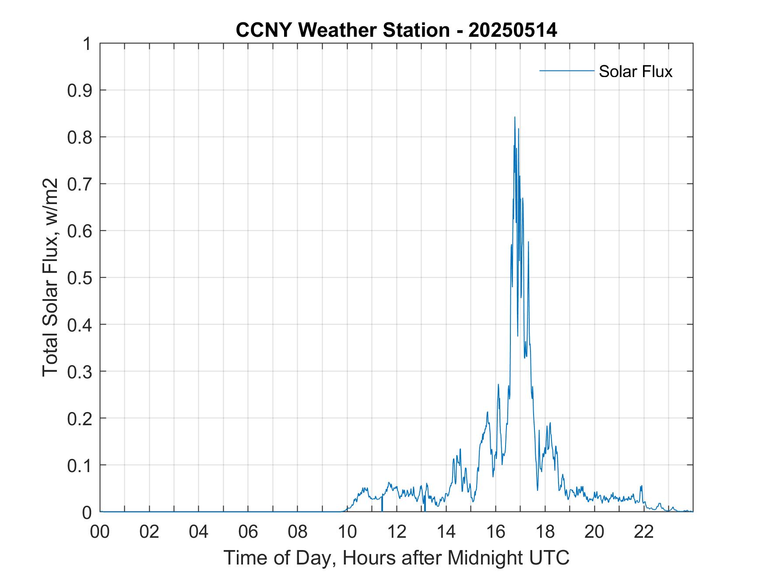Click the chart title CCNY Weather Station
click(x=342, y=30)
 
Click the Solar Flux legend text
click(x=635, y=71)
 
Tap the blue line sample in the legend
click(x=566, y=71)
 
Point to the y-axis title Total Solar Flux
click(x=50, y=277)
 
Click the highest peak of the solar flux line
click(x=515, y=117)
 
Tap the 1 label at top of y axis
click(x=87, y=44)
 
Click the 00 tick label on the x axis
click(x=100, y=532)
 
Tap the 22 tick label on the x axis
click(x=644, y=532)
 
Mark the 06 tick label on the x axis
click(x=248, y=532)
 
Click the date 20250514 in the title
click(x=513, y=30)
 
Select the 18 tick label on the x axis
click(x=545, y=532)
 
